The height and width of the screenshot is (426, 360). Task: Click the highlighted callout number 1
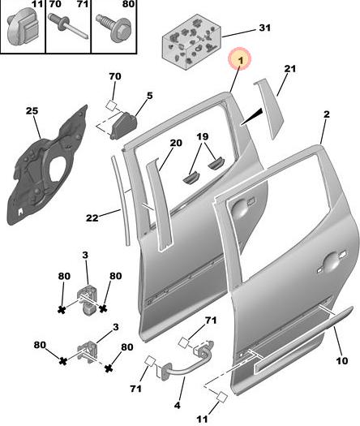241,61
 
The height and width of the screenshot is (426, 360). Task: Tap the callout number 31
264,28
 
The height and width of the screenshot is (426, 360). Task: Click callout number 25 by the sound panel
32,111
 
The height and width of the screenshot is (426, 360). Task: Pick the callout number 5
149,96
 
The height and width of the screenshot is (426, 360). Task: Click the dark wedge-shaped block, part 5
123,126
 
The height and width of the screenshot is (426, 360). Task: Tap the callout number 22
92,217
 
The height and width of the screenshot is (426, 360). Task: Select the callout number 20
176,143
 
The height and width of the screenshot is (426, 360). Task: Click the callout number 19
203,136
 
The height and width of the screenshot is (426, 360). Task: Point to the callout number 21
290,68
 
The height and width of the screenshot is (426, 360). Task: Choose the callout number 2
327,114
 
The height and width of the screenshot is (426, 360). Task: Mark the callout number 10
342,360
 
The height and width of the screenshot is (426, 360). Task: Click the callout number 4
177,406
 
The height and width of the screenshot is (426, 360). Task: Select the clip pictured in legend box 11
23,27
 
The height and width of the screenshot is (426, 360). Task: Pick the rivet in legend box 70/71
68,26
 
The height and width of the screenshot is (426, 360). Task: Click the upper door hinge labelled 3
88,299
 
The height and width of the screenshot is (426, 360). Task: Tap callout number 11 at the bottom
202,419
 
